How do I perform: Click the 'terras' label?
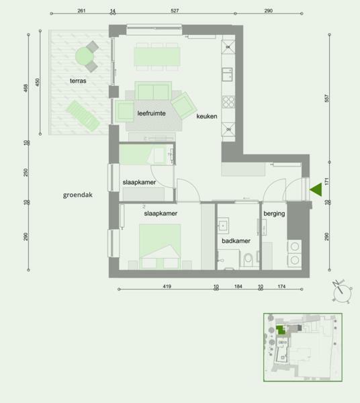tap(78, 81)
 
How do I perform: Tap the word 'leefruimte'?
tap(151, 114)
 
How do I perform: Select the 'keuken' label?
tap(207, 116)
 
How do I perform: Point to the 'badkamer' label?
tap(236, 241)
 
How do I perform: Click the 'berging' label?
tap(274, 214)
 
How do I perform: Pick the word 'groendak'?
tap(78, 195)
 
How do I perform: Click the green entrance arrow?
tap(316, 189)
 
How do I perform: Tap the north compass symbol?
tap(342, 292)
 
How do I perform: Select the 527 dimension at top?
tap(175, 11)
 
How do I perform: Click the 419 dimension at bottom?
tap(167, 286)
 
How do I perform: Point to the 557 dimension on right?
tap(326, 98)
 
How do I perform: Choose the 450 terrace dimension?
tap(38, 82)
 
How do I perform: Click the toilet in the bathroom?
tap(249, 260)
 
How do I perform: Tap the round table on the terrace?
tap(84, 56)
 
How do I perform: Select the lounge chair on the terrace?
tap(83, 116)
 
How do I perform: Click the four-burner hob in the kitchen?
tap(228, 101)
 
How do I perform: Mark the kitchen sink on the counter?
tap(227, 75)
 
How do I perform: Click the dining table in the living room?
tap(156, 56)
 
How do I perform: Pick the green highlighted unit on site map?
tap(280, 330)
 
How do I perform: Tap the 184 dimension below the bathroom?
tap(238, 286)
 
